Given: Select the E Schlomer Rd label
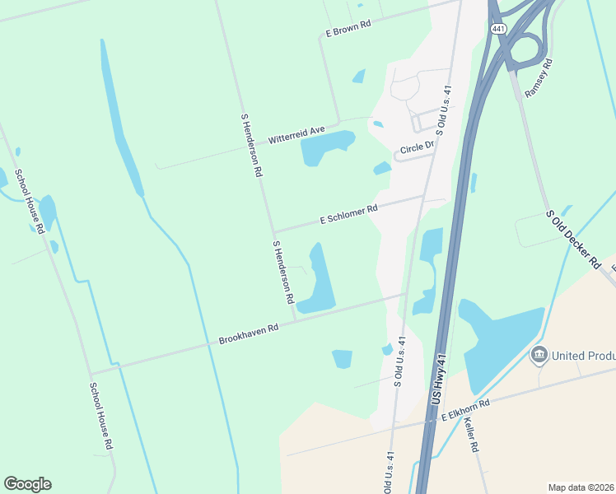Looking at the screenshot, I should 348,215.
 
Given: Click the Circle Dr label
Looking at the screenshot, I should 416,148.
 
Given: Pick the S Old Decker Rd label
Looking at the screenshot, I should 573,238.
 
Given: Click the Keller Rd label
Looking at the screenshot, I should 471,434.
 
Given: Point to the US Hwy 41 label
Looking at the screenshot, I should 439,379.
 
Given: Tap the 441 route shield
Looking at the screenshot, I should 497,28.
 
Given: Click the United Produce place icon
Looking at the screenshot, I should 539,354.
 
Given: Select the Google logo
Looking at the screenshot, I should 27,484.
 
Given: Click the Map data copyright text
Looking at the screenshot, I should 581,487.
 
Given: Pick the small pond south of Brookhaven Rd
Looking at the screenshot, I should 343,358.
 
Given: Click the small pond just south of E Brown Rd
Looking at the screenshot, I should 359,77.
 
